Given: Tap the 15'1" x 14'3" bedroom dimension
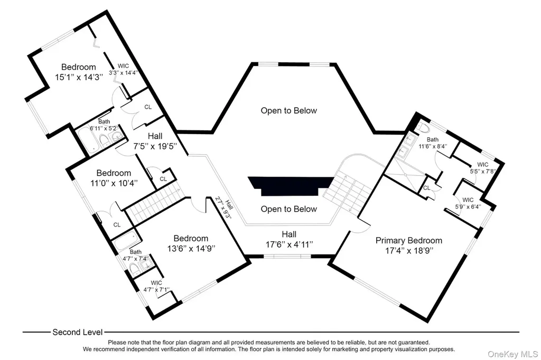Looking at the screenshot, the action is pos(79,77).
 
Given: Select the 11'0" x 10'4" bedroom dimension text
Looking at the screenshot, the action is pos(114,183).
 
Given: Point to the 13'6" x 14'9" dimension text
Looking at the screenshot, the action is pos(191,248).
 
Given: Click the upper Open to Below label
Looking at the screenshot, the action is pos(289,111).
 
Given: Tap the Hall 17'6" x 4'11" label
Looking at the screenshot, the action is pos(289,239).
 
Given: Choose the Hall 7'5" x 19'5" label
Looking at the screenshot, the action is pos(155,141).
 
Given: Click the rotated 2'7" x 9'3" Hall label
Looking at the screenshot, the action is pos(224,207).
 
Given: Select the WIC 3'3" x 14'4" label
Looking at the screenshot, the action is pos(124,69).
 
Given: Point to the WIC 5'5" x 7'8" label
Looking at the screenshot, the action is pos(483,168).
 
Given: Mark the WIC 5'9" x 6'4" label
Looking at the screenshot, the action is pos(468,203).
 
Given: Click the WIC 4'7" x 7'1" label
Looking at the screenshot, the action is pos(156,286).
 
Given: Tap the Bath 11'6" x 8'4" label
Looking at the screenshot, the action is pos(433,143).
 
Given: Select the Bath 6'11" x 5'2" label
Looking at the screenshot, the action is pos(104,125).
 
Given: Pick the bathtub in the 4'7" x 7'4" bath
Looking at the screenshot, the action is pos(127,241).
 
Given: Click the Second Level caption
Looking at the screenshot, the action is pos(78,332).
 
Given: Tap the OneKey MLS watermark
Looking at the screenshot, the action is pos(512,354).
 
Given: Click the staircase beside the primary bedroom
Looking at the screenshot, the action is pos(348,193).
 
